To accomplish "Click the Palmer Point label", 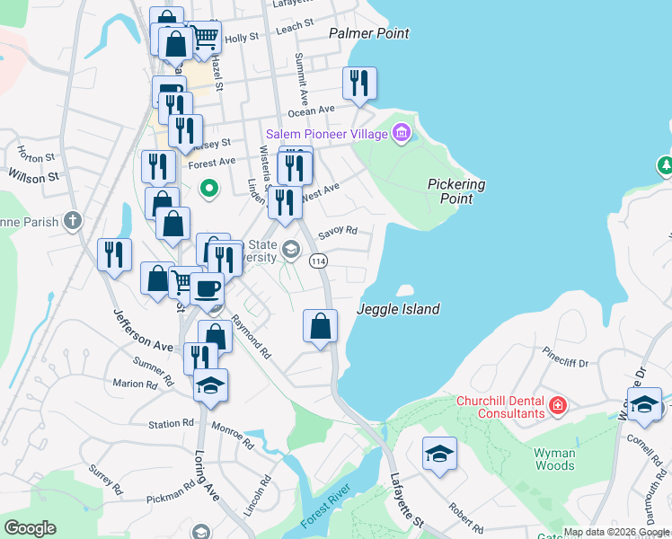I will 368,33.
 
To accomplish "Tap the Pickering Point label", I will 455,190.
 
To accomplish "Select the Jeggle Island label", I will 398,309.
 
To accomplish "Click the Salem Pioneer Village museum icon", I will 402,135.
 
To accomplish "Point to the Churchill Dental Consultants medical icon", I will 558,407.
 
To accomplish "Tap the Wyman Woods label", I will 553,460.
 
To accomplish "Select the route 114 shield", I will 318,261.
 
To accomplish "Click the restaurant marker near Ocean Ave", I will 359,84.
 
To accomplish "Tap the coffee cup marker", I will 207,288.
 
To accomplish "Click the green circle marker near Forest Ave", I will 209,189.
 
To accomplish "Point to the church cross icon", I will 73,221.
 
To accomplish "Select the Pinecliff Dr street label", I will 564,362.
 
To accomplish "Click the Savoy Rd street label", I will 337,230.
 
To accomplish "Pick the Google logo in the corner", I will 30,528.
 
